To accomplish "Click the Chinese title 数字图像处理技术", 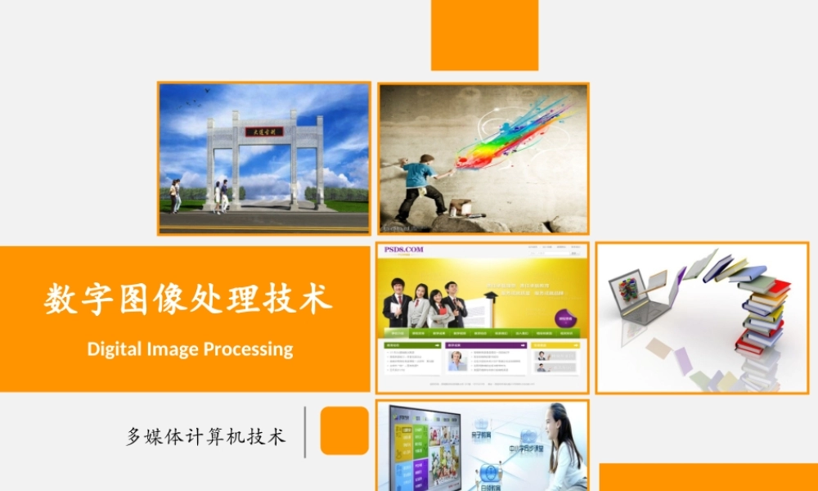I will coord(188,299).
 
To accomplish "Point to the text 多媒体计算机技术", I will coord(206,436).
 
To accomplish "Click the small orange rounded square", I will coord(344,430).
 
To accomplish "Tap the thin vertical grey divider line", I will coord(305,431).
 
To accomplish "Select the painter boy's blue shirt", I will coord(418,173).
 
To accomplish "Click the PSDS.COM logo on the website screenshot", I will coord(401,250).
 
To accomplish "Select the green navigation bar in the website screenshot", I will coord(482,333).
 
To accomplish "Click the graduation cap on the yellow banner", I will coord(491,295).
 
